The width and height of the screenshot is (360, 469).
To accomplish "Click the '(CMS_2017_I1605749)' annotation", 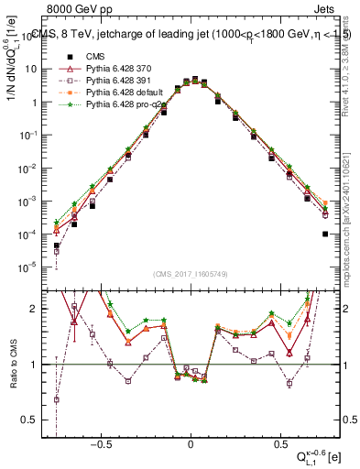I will pos(191,275).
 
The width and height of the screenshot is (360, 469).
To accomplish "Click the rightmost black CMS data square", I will pos(326,234).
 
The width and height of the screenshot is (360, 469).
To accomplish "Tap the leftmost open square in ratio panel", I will pos(57,399).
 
